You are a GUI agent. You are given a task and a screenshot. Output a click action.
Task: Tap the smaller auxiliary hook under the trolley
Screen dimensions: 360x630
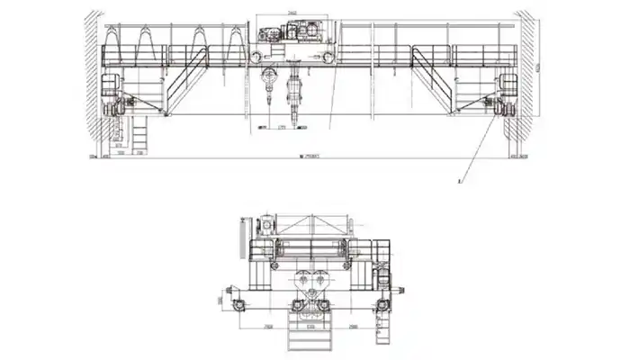click(270, 85)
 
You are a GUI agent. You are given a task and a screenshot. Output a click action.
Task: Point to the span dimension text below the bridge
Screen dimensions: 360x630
click(310, 157)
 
